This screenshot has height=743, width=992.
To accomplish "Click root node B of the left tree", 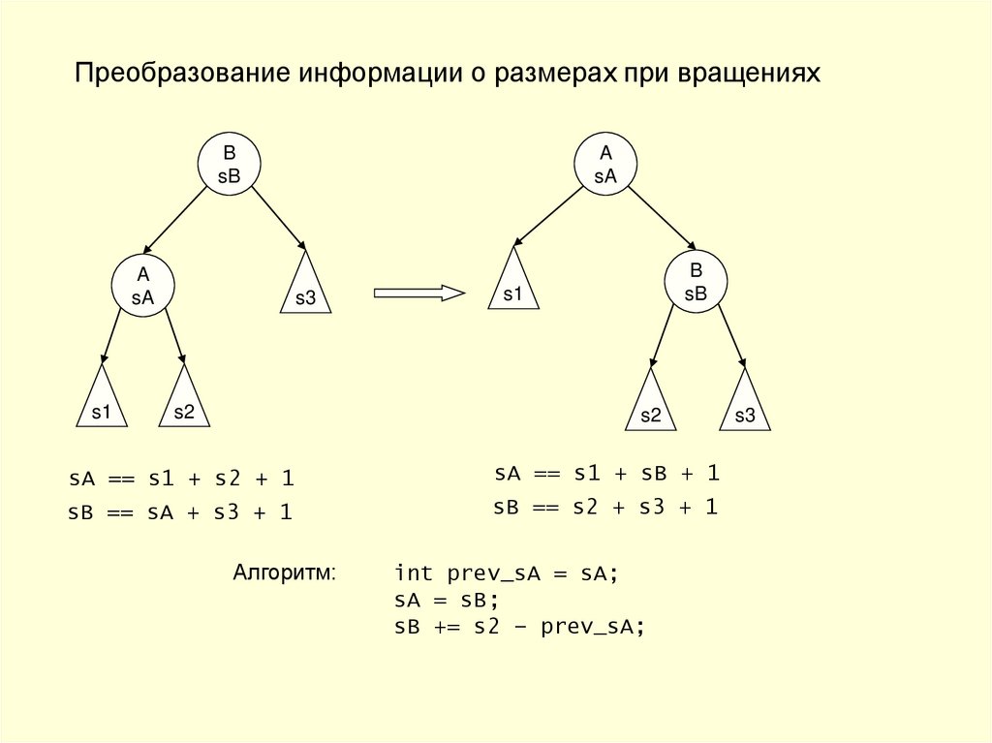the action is [x=230, y=164].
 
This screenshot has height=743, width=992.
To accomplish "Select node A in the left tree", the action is [x=142, y=286].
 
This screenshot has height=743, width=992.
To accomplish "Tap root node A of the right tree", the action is [x=606, y=164].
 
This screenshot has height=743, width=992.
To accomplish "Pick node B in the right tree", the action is [x=696, y=282].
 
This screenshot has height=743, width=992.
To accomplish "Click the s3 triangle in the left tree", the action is [x=305, y=289].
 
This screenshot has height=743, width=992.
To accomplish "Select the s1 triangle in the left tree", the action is [x=102, y=402].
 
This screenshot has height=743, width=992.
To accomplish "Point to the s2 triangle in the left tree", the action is [x=184, y=402].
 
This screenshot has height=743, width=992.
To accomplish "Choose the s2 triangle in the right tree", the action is [x=651, y=405].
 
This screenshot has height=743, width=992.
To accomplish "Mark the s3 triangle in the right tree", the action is [x=744, y=405].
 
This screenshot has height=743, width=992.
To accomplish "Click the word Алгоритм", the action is [x=284, y=572].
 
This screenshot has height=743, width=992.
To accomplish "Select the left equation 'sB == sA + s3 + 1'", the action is [x=180, y=513].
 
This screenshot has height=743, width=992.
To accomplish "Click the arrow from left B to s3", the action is [x=279, y=216].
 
